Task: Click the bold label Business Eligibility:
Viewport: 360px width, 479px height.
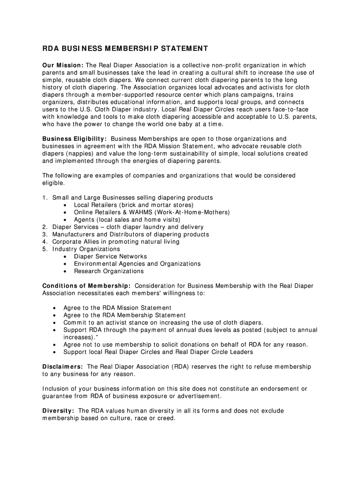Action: [75, 139]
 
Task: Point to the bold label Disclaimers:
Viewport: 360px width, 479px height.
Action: [63, 367]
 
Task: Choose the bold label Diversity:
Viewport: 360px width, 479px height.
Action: [58, 411]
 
